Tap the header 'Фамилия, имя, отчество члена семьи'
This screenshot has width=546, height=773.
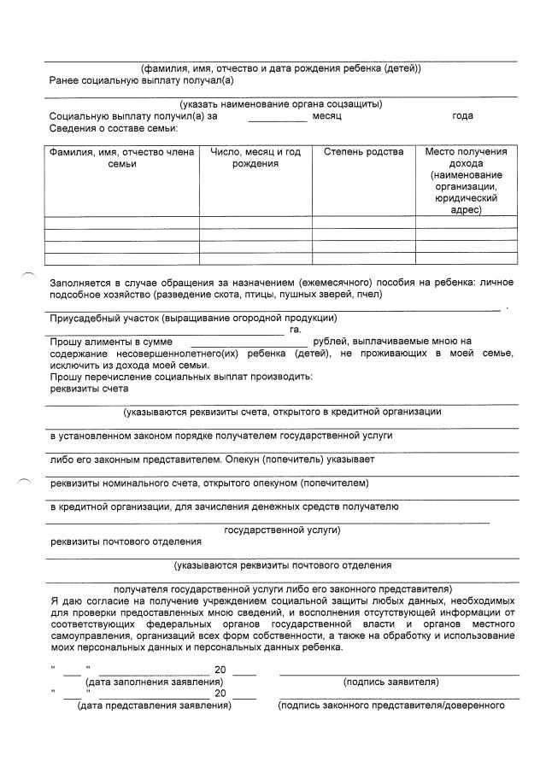tap(122, 158)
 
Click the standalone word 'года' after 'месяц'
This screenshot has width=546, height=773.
tap(462, 116)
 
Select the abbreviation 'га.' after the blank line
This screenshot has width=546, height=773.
tap(295, 330)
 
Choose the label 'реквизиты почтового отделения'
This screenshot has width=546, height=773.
tap(126, 542)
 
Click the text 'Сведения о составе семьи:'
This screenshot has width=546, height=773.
tap(114, 128)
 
